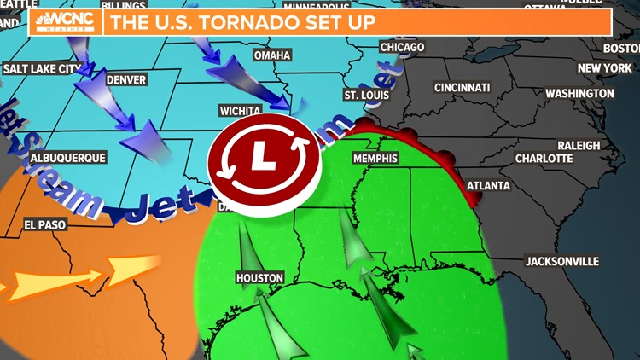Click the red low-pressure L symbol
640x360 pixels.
(265, 157)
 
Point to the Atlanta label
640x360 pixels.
(488, 185)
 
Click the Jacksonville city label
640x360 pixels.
(562, 261)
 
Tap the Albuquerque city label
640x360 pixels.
(67, 158)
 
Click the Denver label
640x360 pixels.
(127, 80)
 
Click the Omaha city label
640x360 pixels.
(272, 55)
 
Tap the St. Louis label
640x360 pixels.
(364, 94)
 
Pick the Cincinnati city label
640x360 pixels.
(462, 88)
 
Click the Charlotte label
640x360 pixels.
(544, 159)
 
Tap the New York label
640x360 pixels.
(603, 68)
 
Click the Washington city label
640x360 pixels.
(579, 93)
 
